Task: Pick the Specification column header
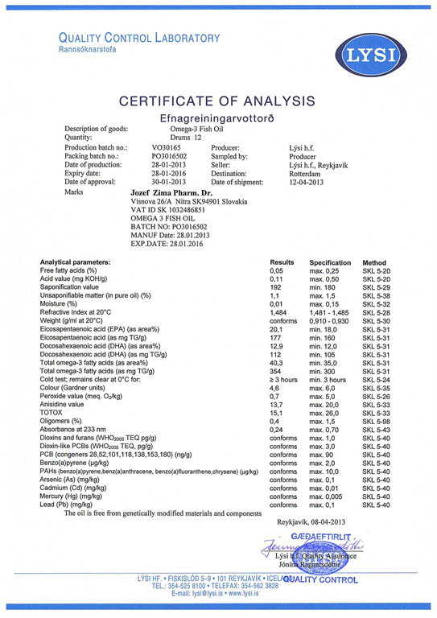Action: [x=330, y=263]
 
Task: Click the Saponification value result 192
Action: [x=276, y=287]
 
